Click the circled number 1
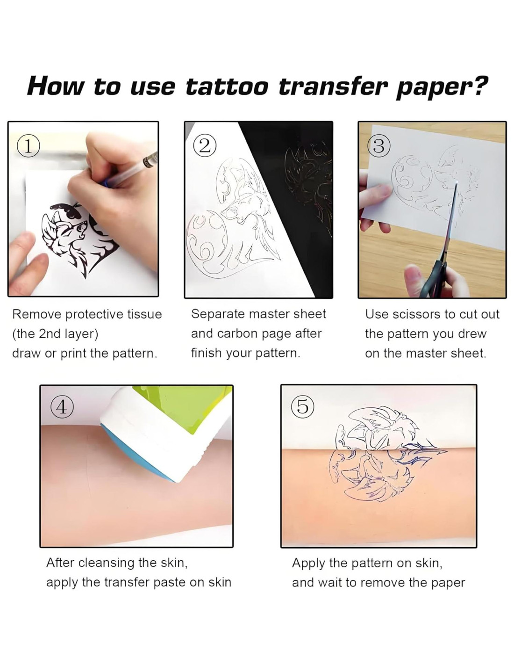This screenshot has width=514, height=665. coord(28,146)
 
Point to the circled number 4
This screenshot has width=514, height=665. coord(62,407)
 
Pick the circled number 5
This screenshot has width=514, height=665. coord(302,407)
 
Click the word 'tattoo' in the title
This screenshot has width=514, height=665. coord(227,87)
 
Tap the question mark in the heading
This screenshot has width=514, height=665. coord(477,86)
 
